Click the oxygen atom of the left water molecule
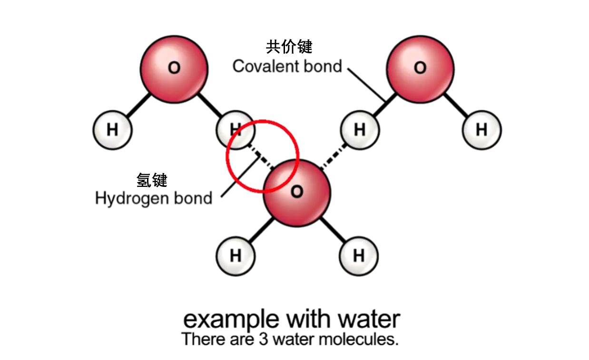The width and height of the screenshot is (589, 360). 174,68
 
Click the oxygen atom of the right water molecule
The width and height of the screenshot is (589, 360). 420,68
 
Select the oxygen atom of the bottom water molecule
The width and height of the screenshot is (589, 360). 297,193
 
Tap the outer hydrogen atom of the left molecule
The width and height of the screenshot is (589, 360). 112,130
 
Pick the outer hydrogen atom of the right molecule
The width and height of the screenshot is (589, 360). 481,130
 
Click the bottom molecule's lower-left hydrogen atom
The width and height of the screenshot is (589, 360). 236,256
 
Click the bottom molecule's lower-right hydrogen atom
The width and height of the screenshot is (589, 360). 359,256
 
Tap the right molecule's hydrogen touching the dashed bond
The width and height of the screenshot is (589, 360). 360,130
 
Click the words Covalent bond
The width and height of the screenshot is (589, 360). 287,67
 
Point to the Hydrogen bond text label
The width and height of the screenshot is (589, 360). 154,198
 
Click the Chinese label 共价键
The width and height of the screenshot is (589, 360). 289,48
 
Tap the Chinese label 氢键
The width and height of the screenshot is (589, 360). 152,180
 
